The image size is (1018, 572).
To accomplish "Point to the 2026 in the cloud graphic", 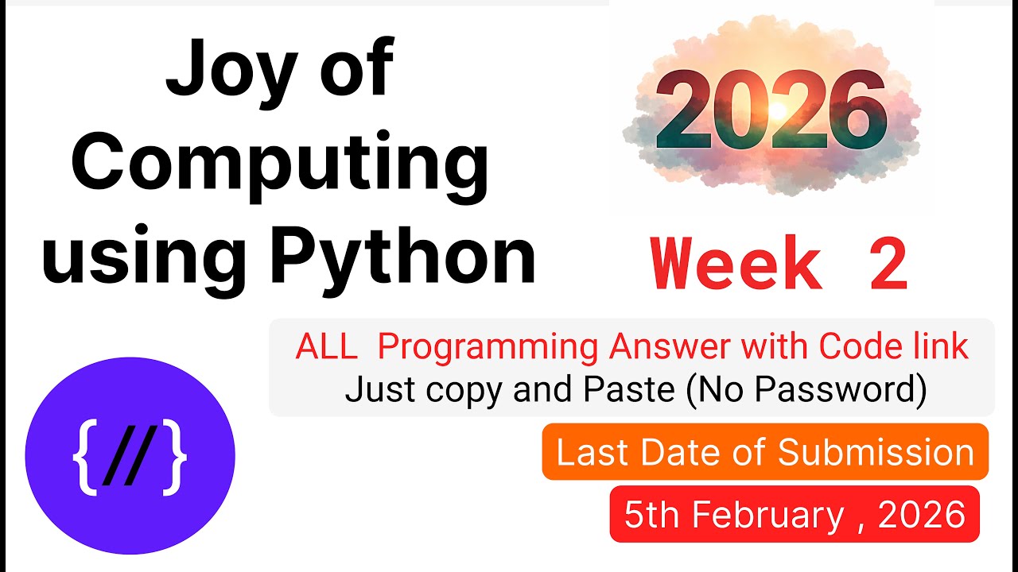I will pyautogui.click(x=771, y=112).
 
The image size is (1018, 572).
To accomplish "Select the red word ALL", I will pyautogui.click(x=326, y=348).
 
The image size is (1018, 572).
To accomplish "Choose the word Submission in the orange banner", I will pyautogui.click(x=876, y=452).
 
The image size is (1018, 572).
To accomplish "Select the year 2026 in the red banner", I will pyautogui.click(x=922, y=515).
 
